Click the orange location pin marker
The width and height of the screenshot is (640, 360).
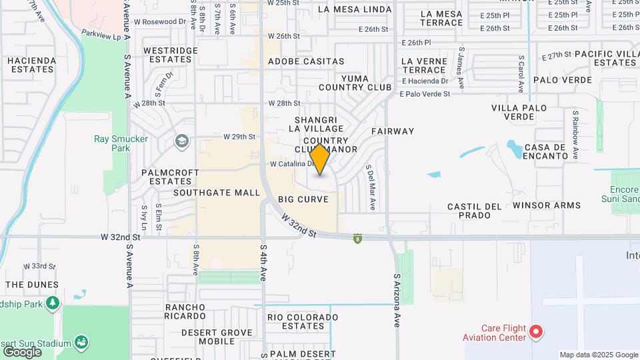(x=320, y=159)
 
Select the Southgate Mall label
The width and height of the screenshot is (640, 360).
(x=217, y=193)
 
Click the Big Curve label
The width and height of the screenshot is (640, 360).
(x=303, y=199)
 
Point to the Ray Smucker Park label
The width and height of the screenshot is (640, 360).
(x=111, y=143)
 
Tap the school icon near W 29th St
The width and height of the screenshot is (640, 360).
(x=181, y=141)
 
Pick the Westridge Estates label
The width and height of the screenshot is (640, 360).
(x=171, y=55)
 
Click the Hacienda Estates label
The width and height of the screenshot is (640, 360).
(x=31, y=65)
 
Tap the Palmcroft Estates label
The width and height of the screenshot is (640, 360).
(x=171, y=177)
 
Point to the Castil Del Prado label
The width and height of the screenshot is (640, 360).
(x=475, y=211)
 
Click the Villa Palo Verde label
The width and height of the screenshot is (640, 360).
(x=519, y=112)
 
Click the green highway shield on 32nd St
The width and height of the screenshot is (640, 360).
(x=358, y=237)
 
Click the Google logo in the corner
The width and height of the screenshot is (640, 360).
(x=22, y=351)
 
